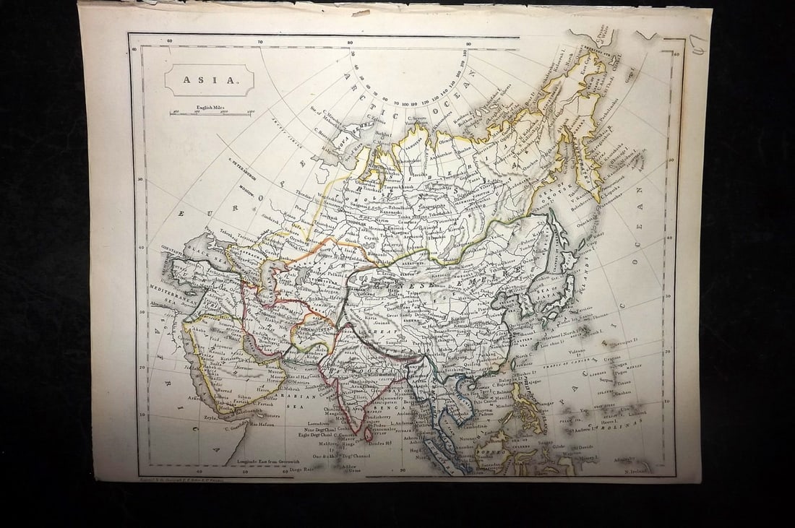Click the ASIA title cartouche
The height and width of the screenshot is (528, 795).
point(210,80)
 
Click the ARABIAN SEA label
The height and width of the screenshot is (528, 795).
point(308,397)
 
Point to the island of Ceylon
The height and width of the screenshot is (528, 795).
point(368,433)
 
